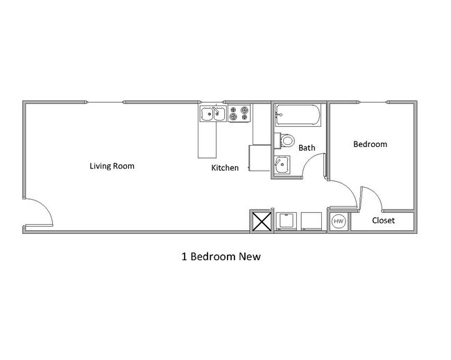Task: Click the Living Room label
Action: point(112,166)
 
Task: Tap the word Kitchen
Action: point(225,168)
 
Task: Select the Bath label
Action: point(307,148)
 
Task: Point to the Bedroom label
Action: point(370,144)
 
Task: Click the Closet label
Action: point(383,221)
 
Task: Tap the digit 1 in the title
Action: point(184,256)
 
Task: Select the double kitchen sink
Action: point(212,113)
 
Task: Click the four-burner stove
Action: point(238,112)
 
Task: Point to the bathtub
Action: point(298,115)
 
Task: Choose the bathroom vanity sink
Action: point(282,165)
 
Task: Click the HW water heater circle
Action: point(339,221)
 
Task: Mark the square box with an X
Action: point(261,222)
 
